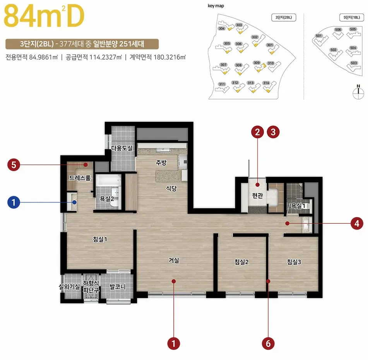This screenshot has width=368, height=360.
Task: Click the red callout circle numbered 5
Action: click(x=14, y=165)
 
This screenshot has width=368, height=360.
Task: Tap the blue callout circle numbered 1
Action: click(x=14, y=202)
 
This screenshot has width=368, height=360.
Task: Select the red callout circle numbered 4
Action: click(x=356, y=223)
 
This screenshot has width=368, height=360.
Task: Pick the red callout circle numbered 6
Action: click(x=268, y=343)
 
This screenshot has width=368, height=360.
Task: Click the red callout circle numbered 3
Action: click(x=274, y=132)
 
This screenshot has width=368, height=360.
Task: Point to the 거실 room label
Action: click(x=174, y=261)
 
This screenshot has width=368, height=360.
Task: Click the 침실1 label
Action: click(x=100, y=239)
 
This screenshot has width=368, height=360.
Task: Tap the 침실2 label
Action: click(x=241, y=262)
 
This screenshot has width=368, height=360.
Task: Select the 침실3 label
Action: click(x=294, y=262)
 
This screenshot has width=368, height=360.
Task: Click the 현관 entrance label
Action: click(x=257, y=196)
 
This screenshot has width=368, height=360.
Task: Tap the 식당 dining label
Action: click(x=171, y=189)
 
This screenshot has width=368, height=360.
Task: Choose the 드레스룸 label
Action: click(x=80, y=178)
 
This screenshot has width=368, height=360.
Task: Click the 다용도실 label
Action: click(x=122, y=148)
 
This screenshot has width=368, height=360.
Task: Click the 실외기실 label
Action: click(x=69, y=287)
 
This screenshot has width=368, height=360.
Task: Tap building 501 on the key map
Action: click(x=319, y=36)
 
